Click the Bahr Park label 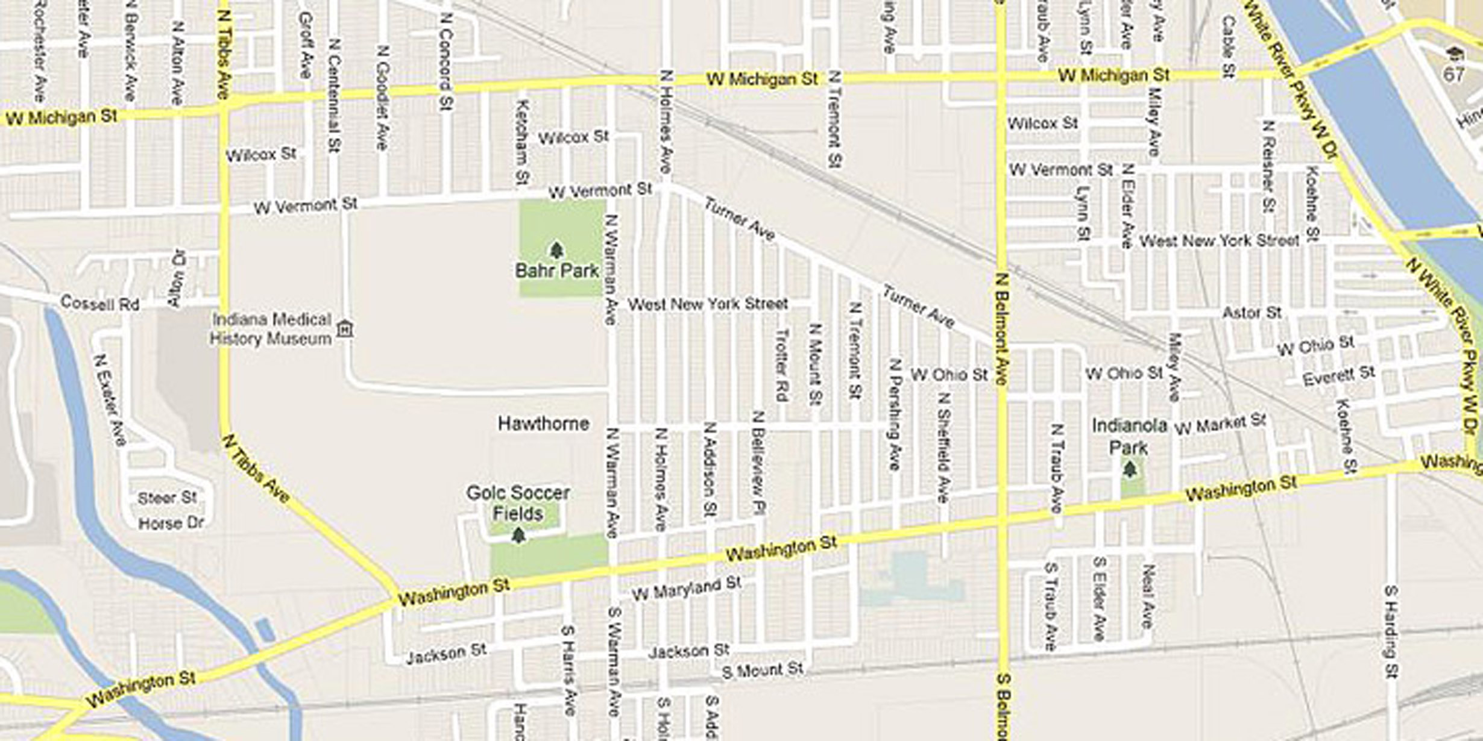click(x=557, y=271)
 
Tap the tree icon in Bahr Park click(x=556, y=250)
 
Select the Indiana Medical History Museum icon click(x=345, y=330)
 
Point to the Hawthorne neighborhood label click(x=543, y=424)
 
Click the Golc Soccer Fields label click(x=518, y=504)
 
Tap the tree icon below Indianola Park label click(x=1130, y=469)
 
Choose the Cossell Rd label click(x=100, y=303)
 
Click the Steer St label click(x=168, y=498)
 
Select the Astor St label click(x=1252, y=313)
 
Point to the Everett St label click(x=1339, y=377)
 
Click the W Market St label click(x=1220, y=424)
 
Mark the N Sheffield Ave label click(x=944, y=448)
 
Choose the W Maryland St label click(x=686, y=589)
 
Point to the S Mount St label click(x=763, y=670)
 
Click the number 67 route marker click(x=1453, y=74)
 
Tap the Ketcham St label click(x=523, y=142)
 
